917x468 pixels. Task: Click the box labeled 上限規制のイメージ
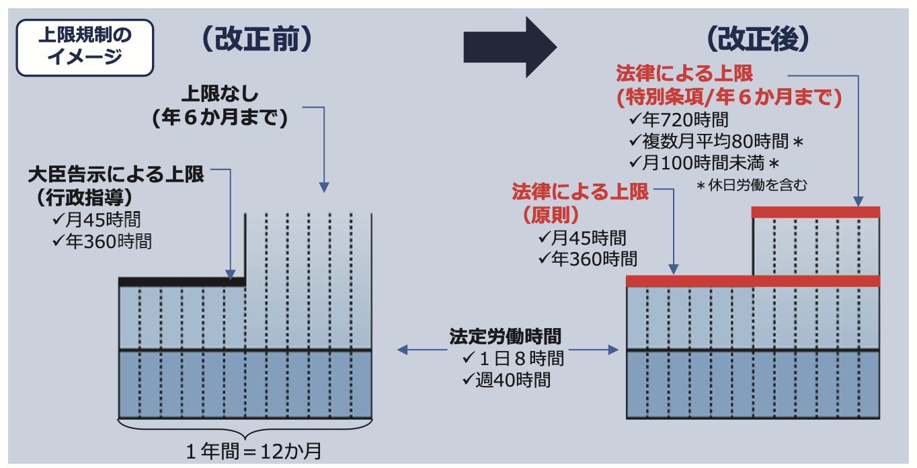[x=85, y=48]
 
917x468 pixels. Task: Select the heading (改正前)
[x=257, y=39]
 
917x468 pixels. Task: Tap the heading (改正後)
[x=758, y=39]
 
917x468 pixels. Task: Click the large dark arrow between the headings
[x=510, y=47]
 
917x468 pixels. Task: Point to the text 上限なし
[x=221, y=93]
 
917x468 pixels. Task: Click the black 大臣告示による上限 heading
[x=116, y=175]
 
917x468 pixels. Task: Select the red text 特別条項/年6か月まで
[x=729, y=97]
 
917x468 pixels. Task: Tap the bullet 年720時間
[x=679, y=120]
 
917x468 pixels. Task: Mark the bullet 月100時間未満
[x=704, y=163]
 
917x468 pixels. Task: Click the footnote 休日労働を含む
[x=752, y=185]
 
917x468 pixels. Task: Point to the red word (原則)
[x=551, y=214]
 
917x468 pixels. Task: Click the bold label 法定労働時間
[x=505, y=337]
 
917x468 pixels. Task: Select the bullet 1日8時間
[x=514, y=358]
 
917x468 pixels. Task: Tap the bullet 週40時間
[x=507, y=380]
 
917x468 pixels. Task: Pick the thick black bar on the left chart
[x=182, y=282]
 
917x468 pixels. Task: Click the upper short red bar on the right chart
[x=815, y=212]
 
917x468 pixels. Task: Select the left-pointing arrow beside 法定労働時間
[x=422, y=350]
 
